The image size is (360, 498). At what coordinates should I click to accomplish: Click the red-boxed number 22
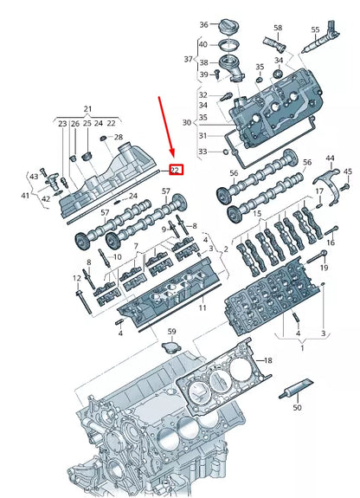coord(175,170)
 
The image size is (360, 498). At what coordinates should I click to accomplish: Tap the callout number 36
coord(204,24)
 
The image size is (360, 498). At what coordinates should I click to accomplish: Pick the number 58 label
coord(278,29)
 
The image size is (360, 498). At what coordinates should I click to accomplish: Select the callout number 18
coord(267,359)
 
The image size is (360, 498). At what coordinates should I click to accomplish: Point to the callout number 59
coord(171,332)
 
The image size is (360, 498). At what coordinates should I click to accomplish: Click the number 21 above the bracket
coord(87,108)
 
